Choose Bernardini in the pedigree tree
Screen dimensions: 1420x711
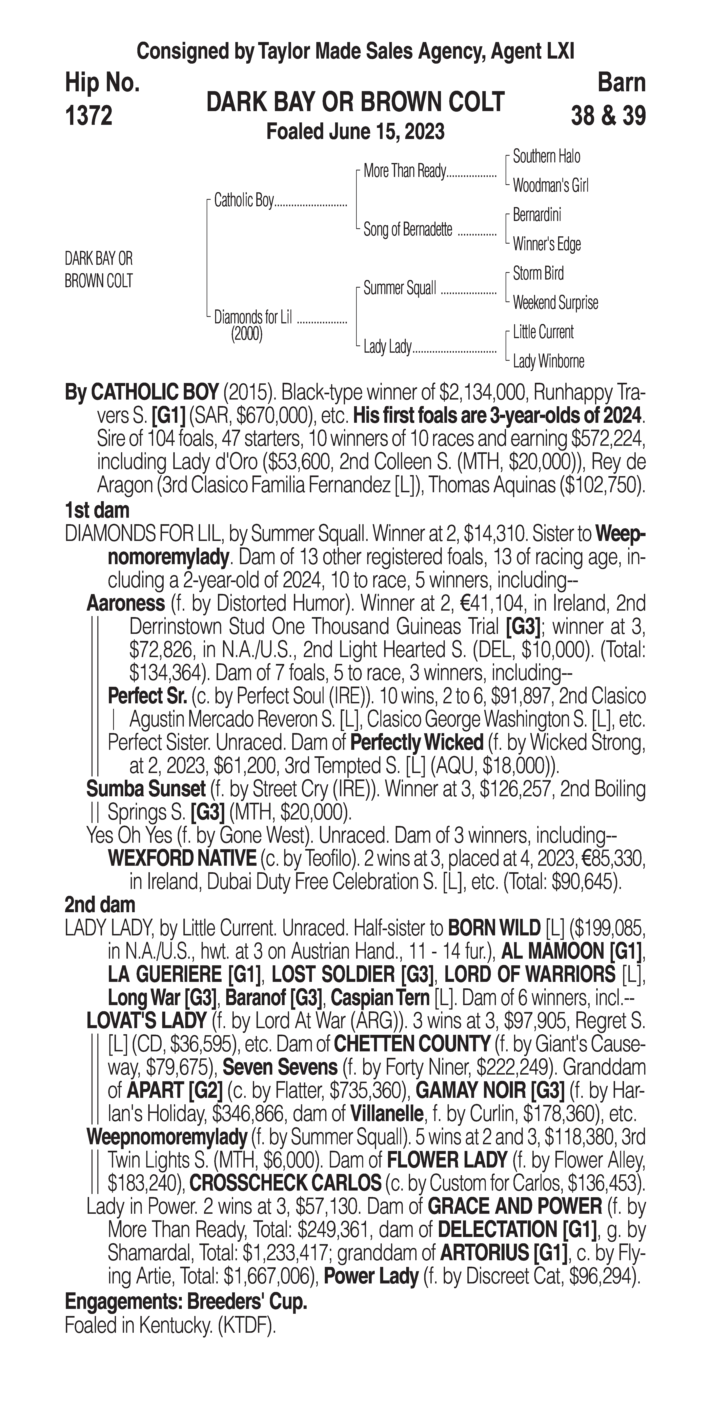537,215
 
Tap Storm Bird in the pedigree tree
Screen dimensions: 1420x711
538,273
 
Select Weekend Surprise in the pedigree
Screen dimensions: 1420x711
555,303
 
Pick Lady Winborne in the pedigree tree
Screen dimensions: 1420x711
548,362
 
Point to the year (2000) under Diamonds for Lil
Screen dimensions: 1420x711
246,334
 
